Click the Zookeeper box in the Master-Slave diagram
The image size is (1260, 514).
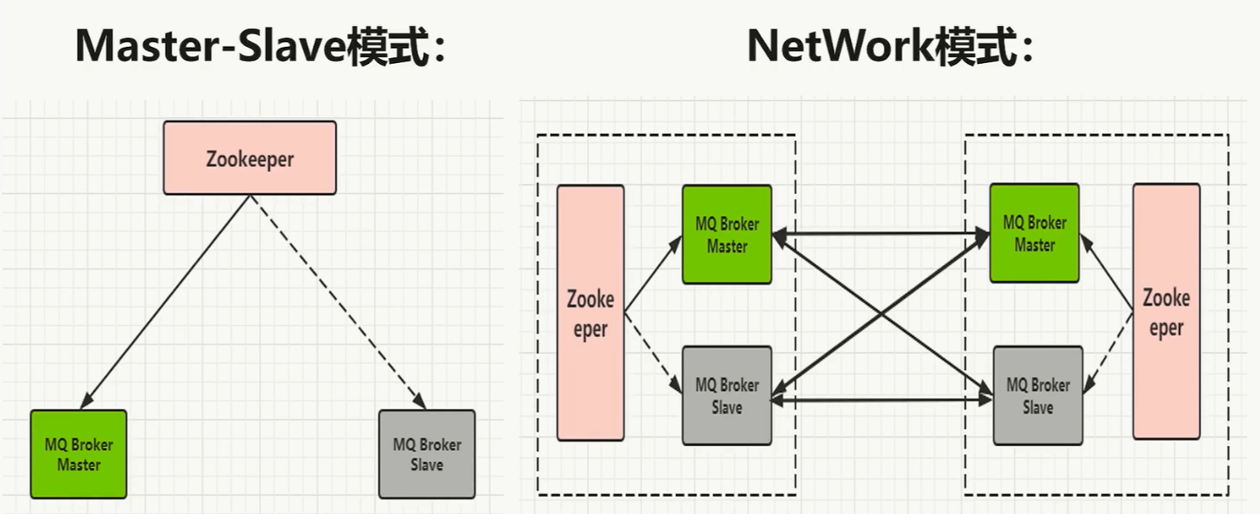point(249,158)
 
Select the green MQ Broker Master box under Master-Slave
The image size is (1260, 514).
point(78,453)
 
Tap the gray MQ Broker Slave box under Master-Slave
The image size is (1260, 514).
point(426,453)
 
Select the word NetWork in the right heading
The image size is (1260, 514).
point(839,47)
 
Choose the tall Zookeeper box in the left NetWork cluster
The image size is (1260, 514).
point(590,313)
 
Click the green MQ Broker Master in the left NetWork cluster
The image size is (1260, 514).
point(726,234)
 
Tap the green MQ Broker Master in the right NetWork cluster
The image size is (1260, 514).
point(1034,234)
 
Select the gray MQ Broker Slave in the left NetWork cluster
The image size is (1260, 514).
point(726,395)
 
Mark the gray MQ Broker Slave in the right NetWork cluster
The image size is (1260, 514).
point(1037,395)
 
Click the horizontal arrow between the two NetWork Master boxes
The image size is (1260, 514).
point(881,234)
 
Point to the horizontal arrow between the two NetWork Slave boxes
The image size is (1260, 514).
point(881,398)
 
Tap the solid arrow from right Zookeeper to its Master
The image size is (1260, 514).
point(1106,272)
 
